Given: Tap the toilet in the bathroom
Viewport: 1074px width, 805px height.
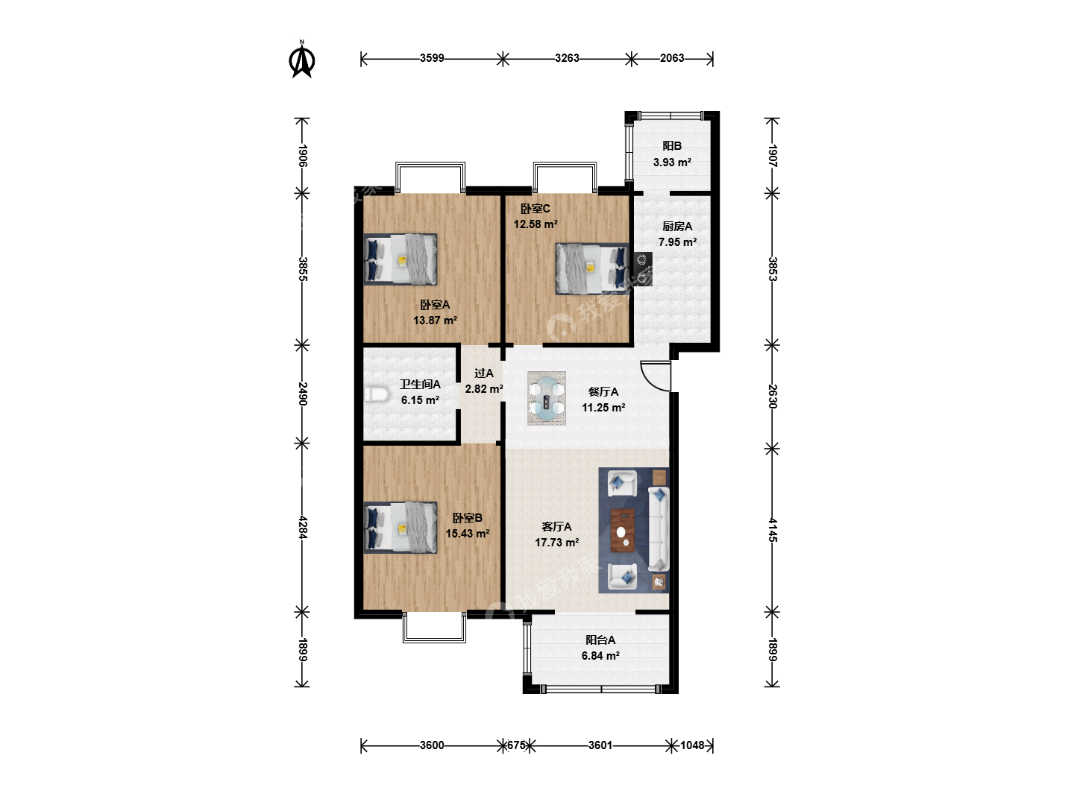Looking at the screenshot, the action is click(x=376, y=394).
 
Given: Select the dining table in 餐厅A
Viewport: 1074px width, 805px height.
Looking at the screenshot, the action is click(x=547, y=398).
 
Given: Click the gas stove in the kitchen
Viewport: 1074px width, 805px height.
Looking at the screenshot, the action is click(x=643, y=269).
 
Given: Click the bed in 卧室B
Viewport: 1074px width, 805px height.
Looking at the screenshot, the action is click(x=401, y=528).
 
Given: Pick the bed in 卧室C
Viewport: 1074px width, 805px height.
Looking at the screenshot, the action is click(x=592, y=269).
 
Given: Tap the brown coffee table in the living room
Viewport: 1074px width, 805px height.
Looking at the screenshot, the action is click(x=622, y=530).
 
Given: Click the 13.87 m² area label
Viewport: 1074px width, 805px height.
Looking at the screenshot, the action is click(x=435, y=321).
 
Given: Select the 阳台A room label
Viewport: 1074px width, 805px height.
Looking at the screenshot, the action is click(x=600, y=640).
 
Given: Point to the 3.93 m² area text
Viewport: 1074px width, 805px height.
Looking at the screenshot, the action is click(x=672, y=162).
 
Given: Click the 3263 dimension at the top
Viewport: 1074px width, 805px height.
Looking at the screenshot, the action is click(x=567, y=58).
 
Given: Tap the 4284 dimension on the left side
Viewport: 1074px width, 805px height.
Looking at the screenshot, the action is click(x=302, y=527).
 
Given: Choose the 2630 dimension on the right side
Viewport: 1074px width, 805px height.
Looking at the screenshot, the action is click(x=772, y=397).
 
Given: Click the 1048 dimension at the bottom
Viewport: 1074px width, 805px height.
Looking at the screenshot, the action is click(x=692, y=745).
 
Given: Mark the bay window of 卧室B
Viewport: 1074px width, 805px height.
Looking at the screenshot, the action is click(x=434, y=627).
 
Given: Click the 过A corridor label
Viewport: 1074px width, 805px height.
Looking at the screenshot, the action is click(x=484, y=373).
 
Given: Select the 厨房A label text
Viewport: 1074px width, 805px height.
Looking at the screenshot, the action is click(x=677, y=227).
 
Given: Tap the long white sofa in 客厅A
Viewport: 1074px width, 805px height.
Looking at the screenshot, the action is click(x=659, y=529).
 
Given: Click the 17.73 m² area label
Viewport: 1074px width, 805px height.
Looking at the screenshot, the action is click(x=557, y=543).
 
